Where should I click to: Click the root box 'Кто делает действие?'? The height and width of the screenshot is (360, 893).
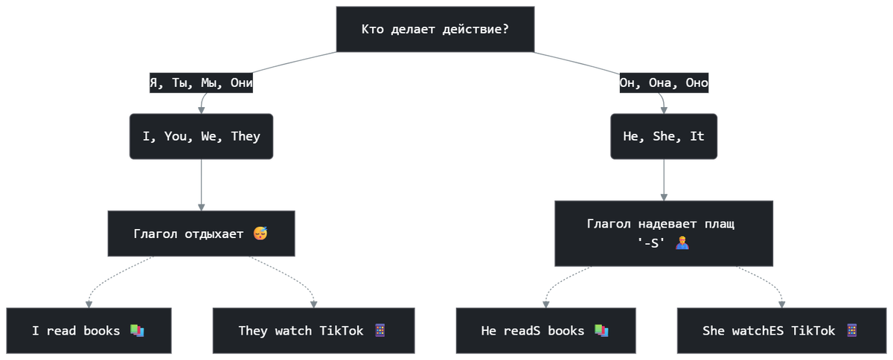435,29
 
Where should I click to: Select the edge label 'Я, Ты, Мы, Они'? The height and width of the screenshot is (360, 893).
202,83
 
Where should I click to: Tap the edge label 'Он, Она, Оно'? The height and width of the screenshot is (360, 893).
664,83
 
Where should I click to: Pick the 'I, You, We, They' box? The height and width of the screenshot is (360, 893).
202,136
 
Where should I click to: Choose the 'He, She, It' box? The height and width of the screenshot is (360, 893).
664,136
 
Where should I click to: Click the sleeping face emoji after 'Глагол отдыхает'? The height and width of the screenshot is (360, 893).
260,234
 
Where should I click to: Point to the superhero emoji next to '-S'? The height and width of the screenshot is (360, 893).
682,242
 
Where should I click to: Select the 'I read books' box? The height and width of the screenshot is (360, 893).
89,330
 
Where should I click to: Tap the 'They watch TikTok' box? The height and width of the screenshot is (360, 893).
314,330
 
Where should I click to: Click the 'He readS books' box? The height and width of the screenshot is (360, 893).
545,330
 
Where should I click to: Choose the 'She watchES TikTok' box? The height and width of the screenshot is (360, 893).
782,330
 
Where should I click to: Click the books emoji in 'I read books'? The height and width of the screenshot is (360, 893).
137,330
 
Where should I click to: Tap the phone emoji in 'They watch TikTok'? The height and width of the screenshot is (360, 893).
380,330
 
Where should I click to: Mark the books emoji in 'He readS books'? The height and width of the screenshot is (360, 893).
601,330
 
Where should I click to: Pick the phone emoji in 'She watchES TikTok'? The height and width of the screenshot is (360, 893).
851,330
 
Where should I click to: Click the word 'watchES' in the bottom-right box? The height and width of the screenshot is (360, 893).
758,331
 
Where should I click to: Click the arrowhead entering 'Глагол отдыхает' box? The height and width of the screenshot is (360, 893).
202,208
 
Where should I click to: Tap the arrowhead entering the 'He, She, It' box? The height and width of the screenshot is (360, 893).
664,110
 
